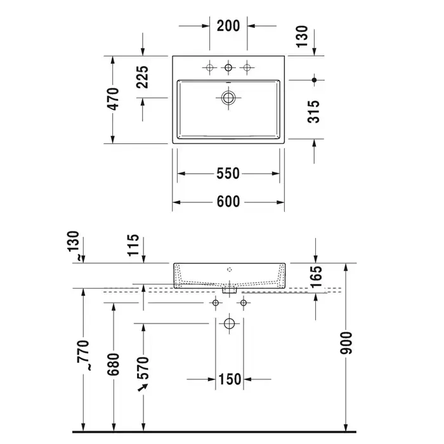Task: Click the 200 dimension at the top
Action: tap(228, 26)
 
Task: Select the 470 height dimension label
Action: tap(113, 99)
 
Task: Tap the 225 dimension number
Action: tap(142, 77)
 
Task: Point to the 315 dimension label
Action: tap(313, 112)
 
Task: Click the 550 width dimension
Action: tap(228, 173)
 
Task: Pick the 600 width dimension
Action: tap(228, 202)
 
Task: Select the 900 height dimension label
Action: tap(346, 343)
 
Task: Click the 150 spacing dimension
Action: tap(230, 379)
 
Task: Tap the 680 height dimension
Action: tap(114, 365)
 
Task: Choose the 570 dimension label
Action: tap(143, 368)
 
